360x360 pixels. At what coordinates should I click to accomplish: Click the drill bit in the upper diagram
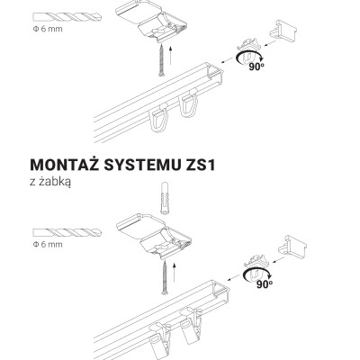coord(67,17)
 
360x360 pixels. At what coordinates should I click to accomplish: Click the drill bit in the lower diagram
coord(67,232)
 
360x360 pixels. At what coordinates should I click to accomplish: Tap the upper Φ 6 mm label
coord(48,29)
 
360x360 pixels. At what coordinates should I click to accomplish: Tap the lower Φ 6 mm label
coord(48,245)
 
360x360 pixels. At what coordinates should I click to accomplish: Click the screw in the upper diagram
coord(161,59)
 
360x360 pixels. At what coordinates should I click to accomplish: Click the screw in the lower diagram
coord(165,277)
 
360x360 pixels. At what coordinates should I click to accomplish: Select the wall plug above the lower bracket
coord(165,198)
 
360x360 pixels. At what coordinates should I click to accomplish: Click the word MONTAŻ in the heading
coord(65,164)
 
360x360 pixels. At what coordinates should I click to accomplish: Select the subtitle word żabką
coord(55,182)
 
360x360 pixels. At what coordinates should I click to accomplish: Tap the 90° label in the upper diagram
coord(256,67)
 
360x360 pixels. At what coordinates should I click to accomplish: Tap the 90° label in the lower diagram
coord(265,284)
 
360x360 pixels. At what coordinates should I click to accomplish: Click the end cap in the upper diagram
coord(283,30)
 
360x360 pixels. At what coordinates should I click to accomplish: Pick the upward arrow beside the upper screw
coord(170,56)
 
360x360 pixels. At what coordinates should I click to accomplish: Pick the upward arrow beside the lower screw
coord(174,273)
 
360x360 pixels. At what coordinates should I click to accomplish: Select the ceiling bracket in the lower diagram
coord(154,237)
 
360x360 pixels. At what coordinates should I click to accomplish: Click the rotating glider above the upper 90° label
coord(249,48)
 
